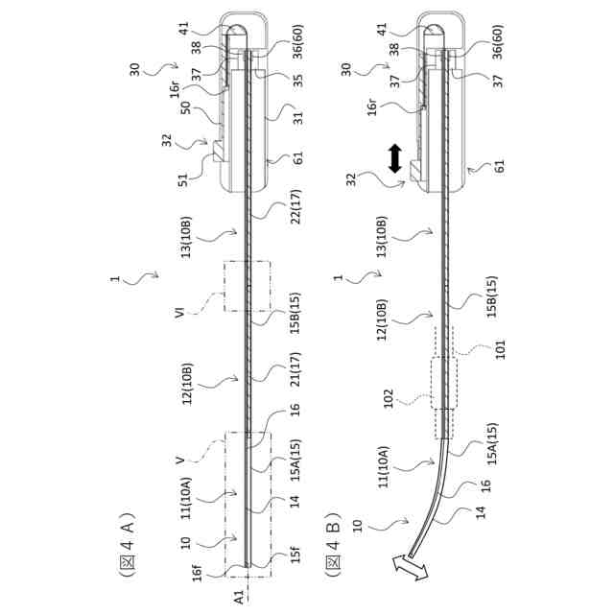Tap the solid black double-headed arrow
click(394, 158)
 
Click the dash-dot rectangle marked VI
click(248, 285)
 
